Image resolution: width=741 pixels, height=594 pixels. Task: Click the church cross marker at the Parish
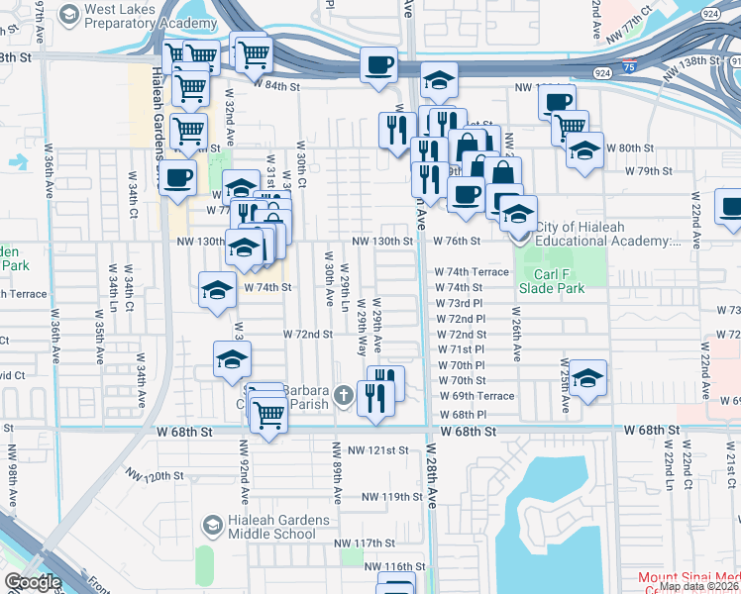click(343, 396)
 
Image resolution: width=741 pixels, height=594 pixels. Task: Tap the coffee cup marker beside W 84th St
click(378, 66)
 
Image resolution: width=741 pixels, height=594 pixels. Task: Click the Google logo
click(33, 582)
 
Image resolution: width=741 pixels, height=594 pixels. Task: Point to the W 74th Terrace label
click(472, 271)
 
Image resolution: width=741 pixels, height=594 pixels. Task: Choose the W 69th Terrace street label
click(476, 396)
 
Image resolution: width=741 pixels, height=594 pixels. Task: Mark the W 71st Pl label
click(460, 349)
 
